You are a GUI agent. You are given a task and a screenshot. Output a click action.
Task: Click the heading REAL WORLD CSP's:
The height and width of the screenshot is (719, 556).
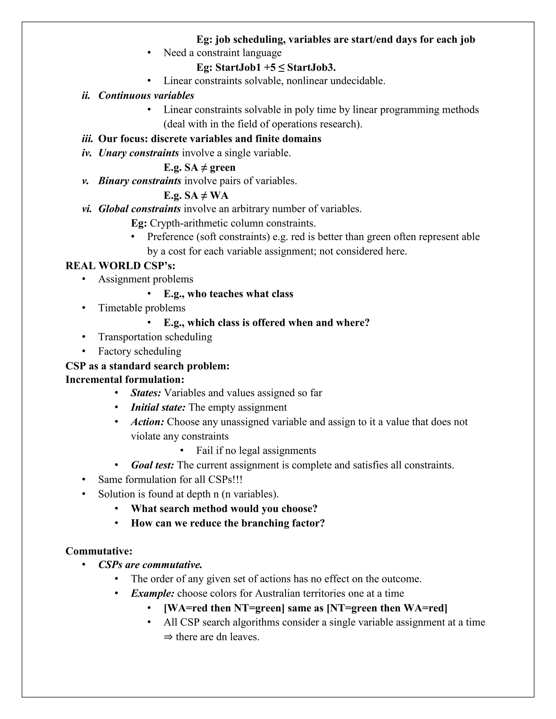(x=120, y=265)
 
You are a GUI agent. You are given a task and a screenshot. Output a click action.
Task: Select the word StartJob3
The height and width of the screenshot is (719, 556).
(x=311, y=68)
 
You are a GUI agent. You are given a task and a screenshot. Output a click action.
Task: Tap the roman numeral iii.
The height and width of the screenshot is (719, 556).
(x=87, y=139)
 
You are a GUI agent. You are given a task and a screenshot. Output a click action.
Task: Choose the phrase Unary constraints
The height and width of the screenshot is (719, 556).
(x=139, y=153)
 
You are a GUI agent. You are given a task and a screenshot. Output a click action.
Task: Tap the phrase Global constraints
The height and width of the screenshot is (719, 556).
(x=140, y=209)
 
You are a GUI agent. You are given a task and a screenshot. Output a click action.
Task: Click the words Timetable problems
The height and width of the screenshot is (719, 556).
(x=142, y=308)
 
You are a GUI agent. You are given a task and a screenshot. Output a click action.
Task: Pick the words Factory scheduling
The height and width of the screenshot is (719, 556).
(x=140, y=351)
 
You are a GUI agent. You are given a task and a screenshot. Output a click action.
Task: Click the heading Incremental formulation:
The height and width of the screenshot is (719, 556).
(x=125, y=379)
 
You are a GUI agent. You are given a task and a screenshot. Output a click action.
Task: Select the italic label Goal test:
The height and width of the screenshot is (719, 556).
(x=153, y=465)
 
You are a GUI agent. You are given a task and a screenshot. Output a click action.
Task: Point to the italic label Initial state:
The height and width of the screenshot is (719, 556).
(x=158, y=407)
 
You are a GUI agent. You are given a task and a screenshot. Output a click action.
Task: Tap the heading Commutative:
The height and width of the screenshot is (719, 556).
(x=99, y=551)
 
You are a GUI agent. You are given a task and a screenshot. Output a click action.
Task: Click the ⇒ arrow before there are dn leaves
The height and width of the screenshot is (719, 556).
(x=168, y=637)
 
